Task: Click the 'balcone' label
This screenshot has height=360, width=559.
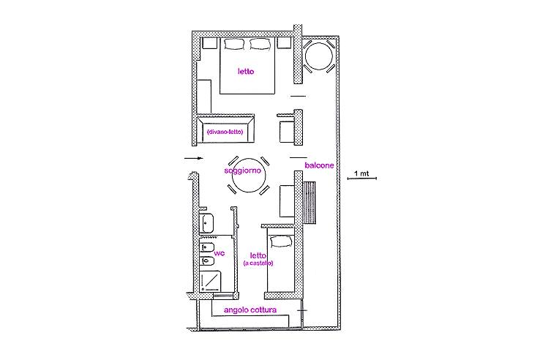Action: (x=320, y=165)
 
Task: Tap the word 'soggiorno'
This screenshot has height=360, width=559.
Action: (x=244, y=170)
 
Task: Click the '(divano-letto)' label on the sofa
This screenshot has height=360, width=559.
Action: (x=225, y=132)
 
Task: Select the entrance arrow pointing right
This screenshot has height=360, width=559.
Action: (x=192, y=157)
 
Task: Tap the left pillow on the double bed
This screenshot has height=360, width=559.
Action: (x=234, y=45)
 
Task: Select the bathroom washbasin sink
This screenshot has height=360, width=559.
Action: (x=206, y=222)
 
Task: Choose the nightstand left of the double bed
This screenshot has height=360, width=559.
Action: (x=208, y=43)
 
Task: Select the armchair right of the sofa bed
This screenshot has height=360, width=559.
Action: (x=286, y=131)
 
